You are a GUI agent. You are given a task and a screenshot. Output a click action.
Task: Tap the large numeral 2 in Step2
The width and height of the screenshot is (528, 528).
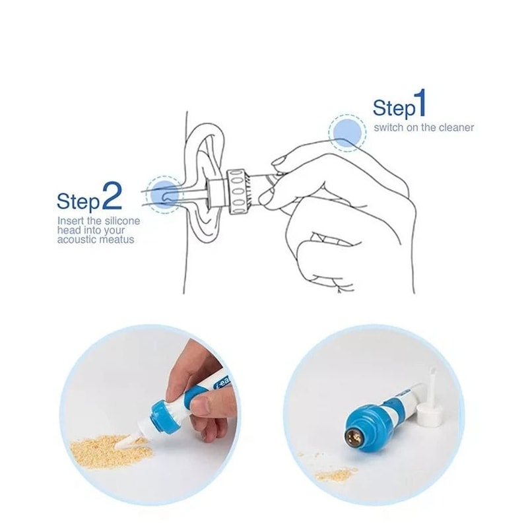pyautogui.click(x=112, y=197)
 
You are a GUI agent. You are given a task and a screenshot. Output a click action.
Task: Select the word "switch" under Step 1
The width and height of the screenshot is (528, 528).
pyautogui.click(x=387, y=127)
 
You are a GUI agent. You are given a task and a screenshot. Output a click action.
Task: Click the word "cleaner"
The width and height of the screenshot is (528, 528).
pyautogui.click(x=456, y=127)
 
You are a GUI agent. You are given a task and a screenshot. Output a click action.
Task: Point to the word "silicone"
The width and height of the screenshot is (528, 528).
pyautogui.click(x=119, y=220)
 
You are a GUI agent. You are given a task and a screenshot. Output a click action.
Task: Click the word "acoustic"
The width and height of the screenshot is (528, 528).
pyautogui.click(x=76, y=239)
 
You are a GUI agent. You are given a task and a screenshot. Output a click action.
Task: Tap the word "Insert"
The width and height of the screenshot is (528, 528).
pyautogui.click(x=70, y=220)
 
